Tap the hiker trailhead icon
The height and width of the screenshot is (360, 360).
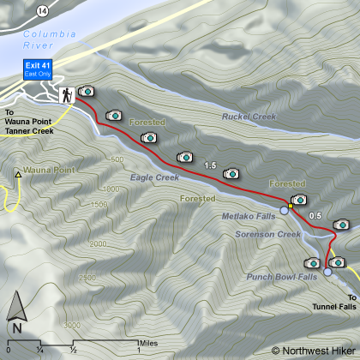[x=66, y=94]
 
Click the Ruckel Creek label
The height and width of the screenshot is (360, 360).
[x=248, y=116]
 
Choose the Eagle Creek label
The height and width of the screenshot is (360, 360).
[x=154, y=177]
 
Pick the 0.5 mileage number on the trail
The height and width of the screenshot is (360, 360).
[x=315, y=215]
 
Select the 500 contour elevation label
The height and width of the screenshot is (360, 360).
[x=117, y=159]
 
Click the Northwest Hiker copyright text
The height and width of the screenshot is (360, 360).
[x=312, y=350]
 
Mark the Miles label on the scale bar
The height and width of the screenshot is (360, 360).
[x=124, y=340]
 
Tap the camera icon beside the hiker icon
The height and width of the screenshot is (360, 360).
[x=87, y=91]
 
